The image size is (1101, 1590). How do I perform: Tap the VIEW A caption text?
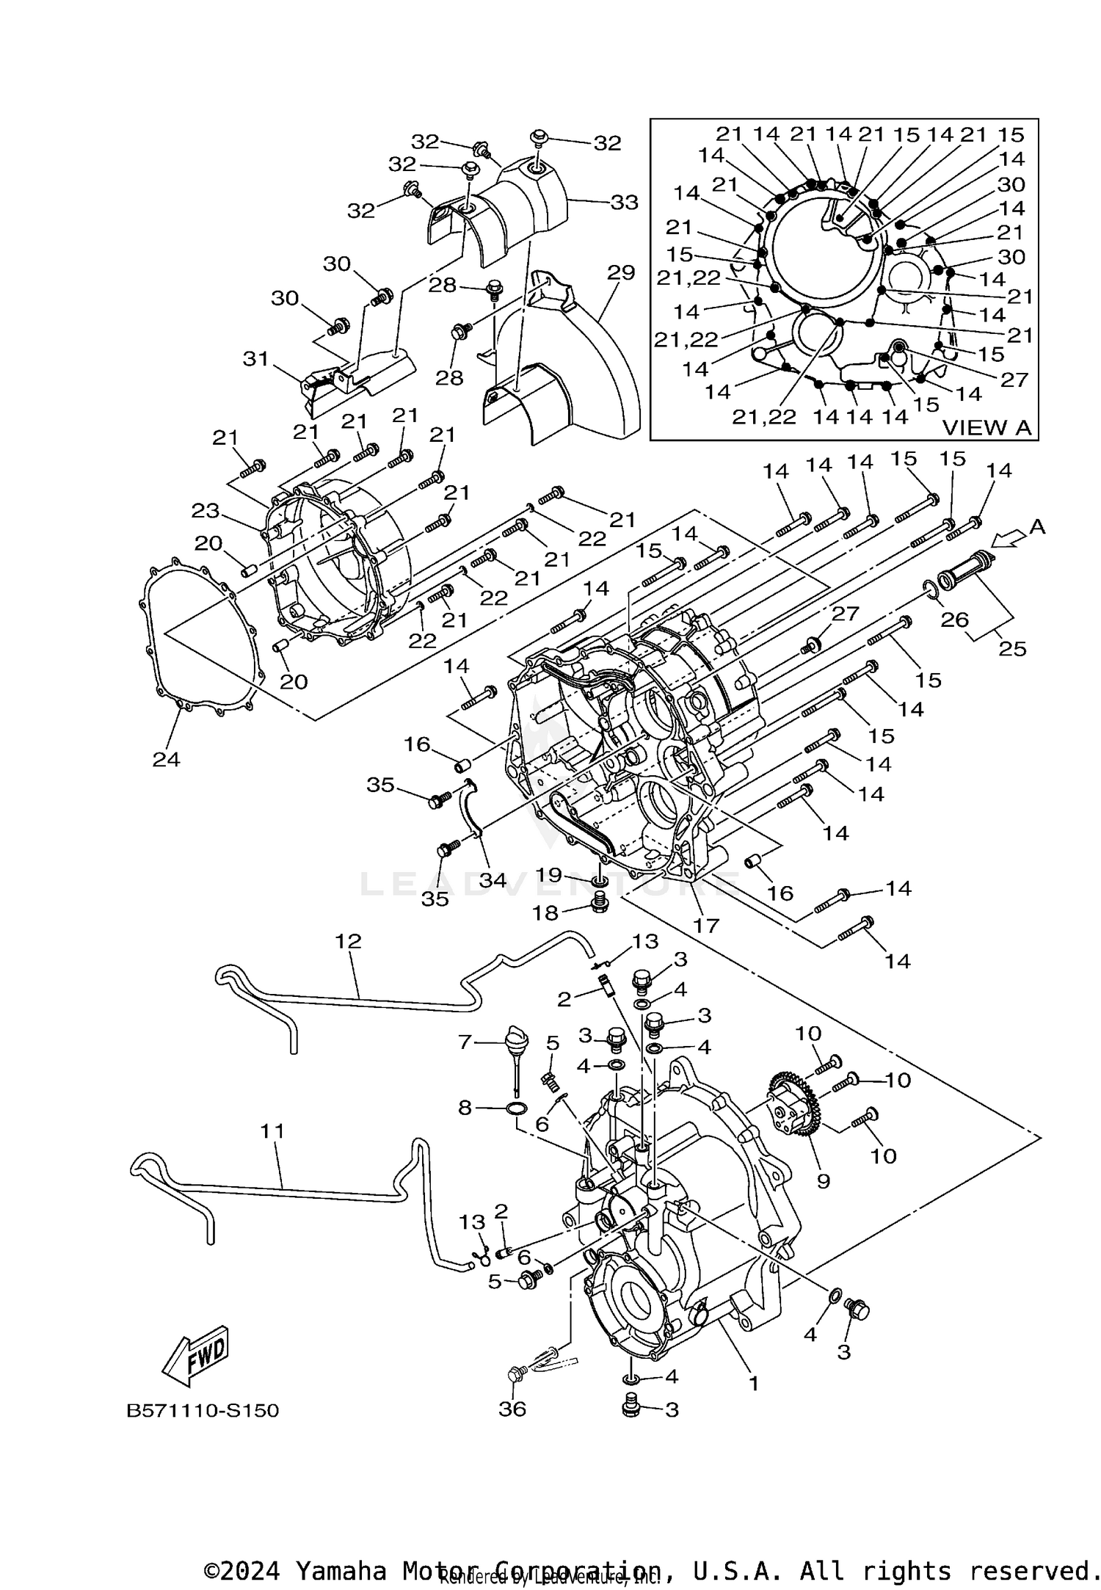(986, 427)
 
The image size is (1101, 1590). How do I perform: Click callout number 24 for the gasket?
(166, 759)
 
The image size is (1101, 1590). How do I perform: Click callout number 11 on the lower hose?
(272, 1132)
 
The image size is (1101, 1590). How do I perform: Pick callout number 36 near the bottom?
(512, 1409)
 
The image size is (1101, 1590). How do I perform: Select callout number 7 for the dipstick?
(464, 1042)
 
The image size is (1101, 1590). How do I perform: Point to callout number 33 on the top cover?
(624, 202)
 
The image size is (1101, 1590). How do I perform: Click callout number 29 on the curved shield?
(620, 273)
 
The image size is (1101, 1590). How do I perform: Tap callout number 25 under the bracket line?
(1011, 649)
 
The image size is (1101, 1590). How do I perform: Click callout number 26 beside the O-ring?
(954, 620)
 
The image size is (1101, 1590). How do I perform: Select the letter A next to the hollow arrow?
(1036, 526)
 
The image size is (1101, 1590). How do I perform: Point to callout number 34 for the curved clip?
(493, 879)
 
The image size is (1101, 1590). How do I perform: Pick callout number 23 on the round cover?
(206, 510)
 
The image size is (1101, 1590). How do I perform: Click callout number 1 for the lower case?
(752, 1384)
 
